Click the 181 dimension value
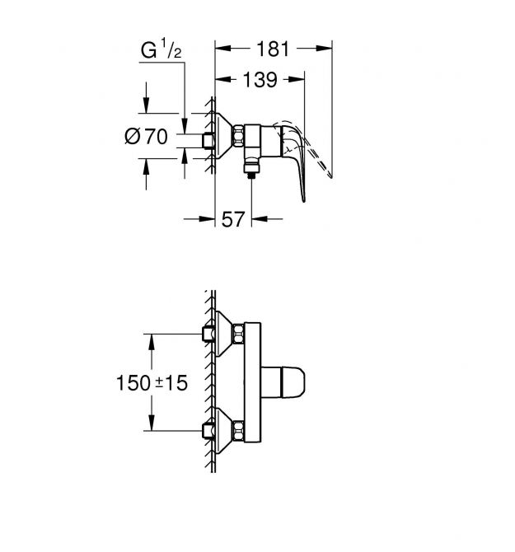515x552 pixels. pyautogui.click(x=272, y=49)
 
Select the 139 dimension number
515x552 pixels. pyautogui.click(x=260, y=80)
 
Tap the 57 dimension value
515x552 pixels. pyautogui.click(x=233, y=219)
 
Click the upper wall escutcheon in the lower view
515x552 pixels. pyautogui.click(x=218, y=334)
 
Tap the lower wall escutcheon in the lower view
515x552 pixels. pyautogui.click(x=218, y=428)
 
